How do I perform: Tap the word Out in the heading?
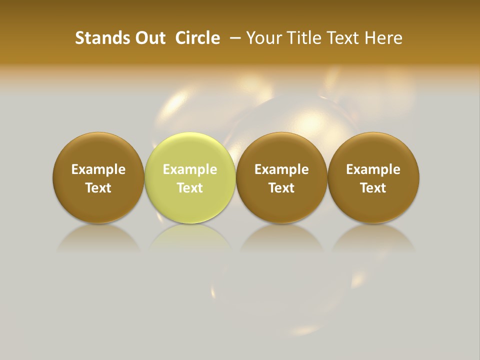tap(149, 38)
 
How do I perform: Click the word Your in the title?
tap(263, 38)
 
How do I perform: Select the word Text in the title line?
tap(342, 38)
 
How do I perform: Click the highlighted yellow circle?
tap(190, 177)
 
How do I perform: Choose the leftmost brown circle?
tap(98, 177)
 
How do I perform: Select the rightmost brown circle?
tap(373, 177)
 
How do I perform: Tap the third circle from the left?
tap(281, 177)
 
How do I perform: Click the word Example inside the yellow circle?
tap(190, 169)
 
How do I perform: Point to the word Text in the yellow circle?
tap(190, 188)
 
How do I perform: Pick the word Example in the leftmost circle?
tap(98, 169)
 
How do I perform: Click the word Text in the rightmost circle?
tap(373, 188)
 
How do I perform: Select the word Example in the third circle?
tap(281, 169)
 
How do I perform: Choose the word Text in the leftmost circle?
tap(98, 188)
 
